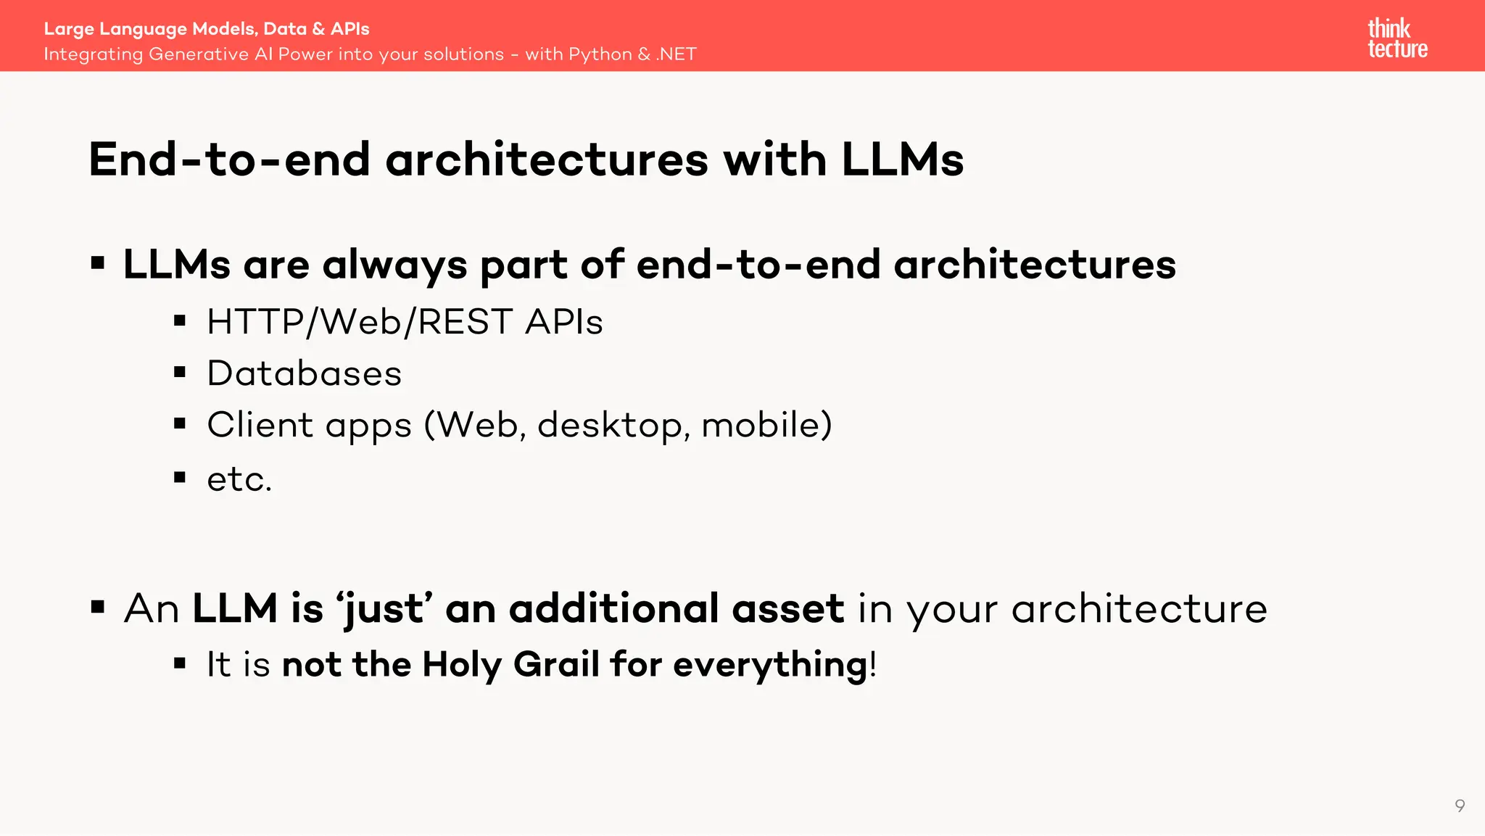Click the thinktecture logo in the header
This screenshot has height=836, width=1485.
click(1397, 38)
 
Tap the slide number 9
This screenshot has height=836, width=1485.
click(1460, 806)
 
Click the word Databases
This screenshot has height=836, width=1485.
click(304, 373)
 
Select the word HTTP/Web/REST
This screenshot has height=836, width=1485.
click(360, 322)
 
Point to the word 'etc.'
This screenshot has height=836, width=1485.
click(239, 479)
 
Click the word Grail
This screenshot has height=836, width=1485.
click(556, 664)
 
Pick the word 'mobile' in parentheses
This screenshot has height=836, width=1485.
click(762, 425)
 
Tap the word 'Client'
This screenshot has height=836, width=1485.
click(260, 425)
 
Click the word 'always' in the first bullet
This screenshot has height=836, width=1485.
click(394, 265)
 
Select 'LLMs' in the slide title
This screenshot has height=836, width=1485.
click(902, 160)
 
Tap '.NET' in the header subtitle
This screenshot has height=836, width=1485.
click(676, 54)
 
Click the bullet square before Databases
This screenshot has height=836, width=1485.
click(180, 373)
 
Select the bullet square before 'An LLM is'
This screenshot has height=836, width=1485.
click(98, 606)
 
